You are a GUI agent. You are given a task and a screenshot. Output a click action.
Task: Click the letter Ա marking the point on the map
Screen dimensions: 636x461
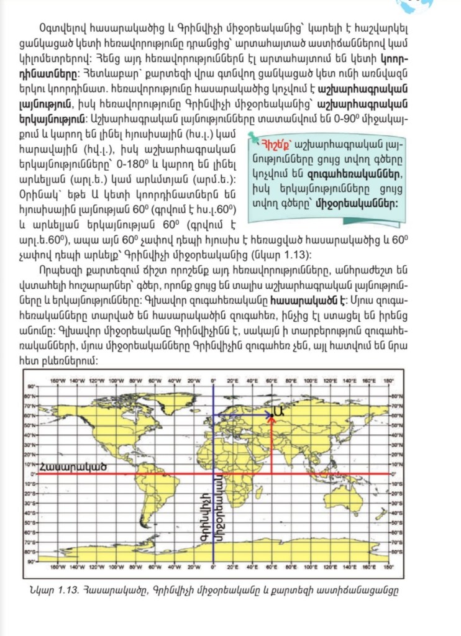[x=279, y=410]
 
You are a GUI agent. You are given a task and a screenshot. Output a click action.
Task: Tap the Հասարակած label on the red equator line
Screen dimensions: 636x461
[x=65, y=466]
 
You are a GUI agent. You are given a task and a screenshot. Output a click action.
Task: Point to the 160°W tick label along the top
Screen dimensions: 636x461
[x=58, y=380]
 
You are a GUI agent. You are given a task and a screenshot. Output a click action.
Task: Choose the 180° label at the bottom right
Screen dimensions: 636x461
[x=390, y=566]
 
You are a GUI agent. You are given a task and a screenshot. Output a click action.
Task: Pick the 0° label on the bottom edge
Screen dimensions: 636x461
[x=213, y=566]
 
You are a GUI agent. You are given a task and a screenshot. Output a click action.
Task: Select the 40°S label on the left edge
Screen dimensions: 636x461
[x=29, y=513]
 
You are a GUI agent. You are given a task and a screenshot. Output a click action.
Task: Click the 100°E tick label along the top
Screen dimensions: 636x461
[x=311, y=380]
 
